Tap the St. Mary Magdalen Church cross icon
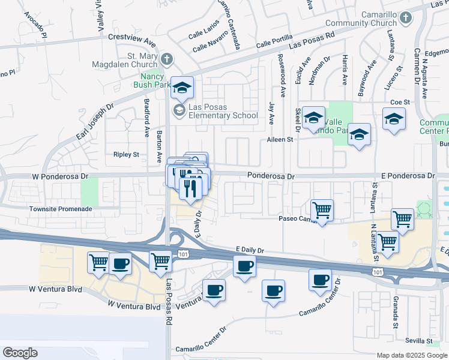(167, 59)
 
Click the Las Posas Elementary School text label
(223, 111)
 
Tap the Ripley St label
(126, 154)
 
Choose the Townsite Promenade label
(61, 209)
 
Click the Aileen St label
(280, 139)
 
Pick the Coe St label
(399, 102)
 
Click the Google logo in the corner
(20, 353)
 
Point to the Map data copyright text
(412, 355)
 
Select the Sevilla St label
(418, 340)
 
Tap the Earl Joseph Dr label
(94, 122)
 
